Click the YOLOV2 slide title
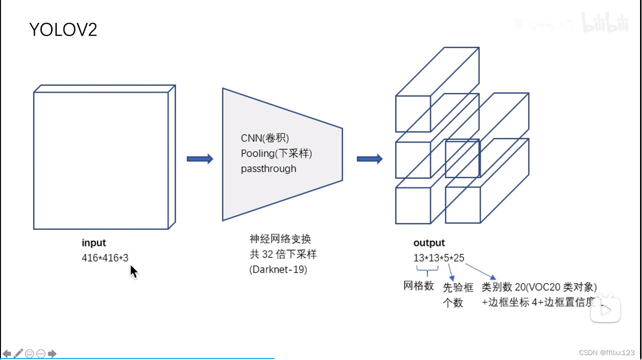click(63, 30)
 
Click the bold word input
click(94, 243)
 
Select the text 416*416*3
click(105, 258)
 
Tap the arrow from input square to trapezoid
click(200, 159)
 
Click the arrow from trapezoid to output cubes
click(370, 159)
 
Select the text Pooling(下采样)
click(276, 153)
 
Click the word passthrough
click(268, 169)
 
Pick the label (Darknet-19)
click(278, 269)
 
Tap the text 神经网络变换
click(280, 239)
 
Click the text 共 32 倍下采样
click(283, 254)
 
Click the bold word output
click(429, 243)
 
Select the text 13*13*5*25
click(439, 258)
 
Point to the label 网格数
click(418, 286)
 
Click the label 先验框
click(458, 287)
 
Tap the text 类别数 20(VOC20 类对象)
click(539, 287)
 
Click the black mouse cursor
click(134, 271)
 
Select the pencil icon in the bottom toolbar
click(19, 354)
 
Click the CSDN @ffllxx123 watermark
click(607, 353)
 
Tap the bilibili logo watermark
click(606, 23)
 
